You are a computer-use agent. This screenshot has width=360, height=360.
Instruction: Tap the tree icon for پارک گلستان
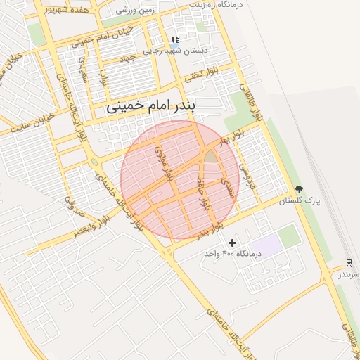(x=300, y=189)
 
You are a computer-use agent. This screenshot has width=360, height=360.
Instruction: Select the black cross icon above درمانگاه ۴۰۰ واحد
(x=232, y=243)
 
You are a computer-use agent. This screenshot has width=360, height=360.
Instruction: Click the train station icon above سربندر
(x=348, y=263)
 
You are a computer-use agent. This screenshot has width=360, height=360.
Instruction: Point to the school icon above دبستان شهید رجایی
(x=175, y=40)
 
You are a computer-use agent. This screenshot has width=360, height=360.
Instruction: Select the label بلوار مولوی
(x=162, y=161)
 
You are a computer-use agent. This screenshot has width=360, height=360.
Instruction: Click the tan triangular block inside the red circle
(x=211, y=156)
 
